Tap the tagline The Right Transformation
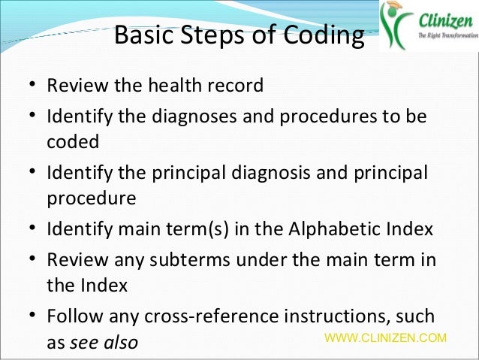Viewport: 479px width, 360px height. click(x=443, y=36)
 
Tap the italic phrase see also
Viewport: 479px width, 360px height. click(x=103, y=343)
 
